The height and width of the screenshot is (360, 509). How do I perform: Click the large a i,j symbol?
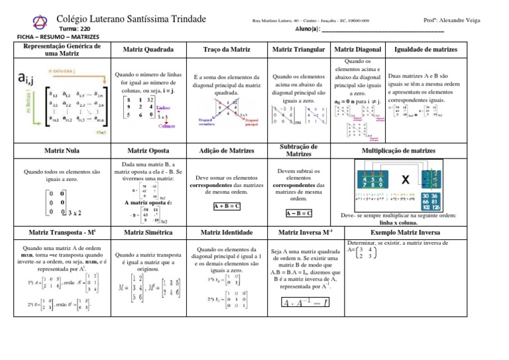click(25, 80)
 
